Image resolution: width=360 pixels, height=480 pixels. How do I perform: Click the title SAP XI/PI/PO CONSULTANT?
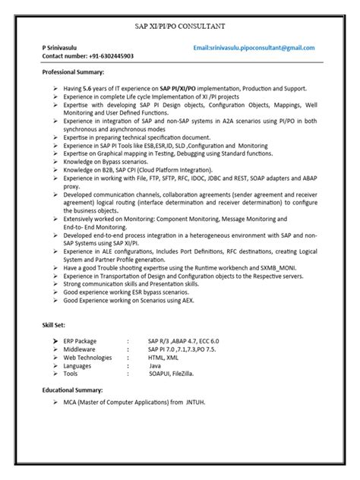coord(180,27)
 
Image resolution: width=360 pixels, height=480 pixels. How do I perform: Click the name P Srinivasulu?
coord(63,47)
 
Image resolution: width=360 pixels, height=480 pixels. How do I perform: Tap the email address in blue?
coord(254,47)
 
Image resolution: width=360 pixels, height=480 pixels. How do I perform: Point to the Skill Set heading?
coord(55,324)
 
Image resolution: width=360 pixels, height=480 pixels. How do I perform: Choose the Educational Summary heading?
coord(72,389)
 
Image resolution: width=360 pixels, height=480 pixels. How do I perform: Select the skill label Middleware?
coord(79,349)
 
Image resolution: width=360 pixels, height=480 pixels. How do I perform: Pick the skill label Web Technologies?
coord(87,357)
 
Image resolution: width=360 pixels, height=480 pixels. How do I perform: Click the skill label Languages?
coord(78,365)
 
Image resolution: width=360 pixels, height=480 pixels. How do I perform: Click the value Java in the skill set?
coord(155,365)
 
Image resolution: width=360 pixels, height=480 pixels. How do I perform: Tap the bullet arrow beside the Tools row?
coord(56,374)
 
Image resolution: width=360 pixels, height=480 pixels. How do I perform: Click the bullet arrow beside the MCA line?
coord(56,401)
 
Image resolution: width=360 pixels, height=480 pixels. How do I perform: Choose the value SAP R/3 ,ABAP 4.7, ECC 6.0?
coord(183,341)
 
